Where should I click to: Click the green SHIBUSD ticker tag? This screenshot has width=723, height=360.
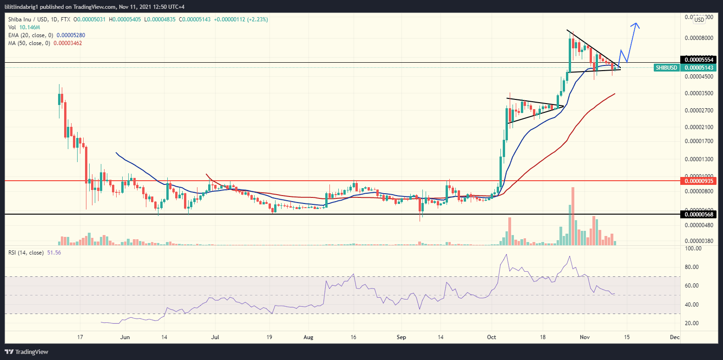point(666,68)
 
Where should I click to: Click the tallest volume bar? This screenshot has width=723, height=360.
point(573,216)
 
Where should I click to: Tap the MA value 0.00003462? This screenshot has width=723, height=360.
point(68,43)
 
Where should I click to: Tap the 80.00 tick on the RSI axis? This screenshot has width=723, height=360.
point(692,267)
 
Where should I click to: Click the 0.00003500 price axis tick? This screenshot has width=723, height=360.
point(700,93)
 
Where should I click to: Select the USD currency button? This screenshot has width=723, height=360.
point(698,20)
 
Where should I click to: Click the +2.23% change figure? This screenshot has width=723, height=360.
point(258,20)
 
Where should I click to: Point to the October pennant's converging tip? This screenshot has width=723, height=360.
point(563,106)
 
